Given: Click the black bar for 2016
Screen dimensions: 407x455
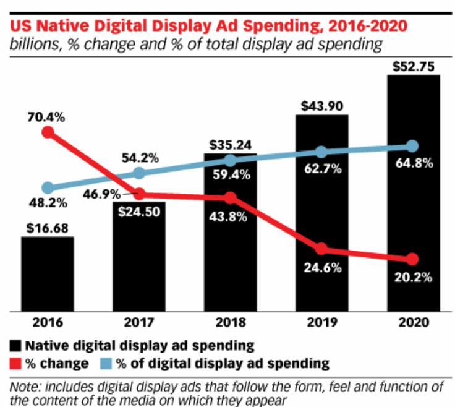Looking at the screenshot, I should click(x=47, y=273).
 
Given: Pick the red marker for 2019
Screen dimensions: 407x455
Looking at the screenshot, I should click(x=321, y=249).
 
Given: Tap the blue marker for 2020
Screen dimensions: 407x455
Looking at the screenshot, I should click(x=413, y=146).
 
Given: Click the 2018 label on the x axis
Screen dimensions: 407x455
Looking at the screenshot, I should click(x=230, y=323).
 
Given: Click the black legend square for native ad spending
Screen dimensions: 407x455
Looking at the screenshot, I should click(x=14, y=345).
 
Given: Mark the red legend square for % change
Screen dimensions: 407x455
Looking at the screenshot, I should click(x=14, y=362).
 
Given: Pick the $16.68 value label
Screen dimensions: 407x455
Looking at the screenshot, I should click(x=47, y=227).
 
